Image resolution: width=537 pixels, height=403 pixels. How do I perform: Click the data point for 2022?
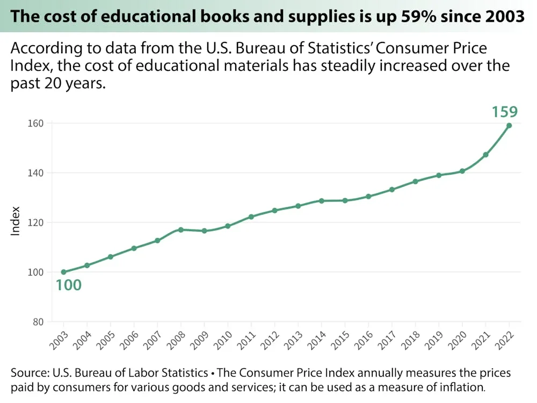[x=509, y=126]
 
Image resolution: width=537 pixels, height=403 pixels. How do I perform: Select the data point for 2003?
[x=64, y=272]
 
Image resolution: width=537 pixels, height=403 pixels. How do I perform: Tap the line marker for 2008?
[x=181, y=229]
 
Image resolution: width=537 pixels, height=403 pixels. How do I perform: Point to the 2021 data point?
[x=485, y=155]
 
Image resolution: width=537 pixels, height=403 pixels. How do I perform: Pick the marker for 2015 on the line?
[x=345, y=200]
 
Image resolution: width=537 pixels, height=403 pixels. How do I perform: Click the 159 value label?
[x=505, y=112]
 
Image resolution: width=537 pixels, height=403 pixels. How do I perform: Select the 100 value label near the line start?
[x=69, y=285]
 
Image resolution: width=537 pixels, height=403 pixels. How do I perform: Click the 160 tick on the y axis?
[x=36, y=123]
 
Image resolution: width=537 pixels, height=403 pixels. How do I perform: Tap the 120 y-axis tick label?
[x=36, y=222]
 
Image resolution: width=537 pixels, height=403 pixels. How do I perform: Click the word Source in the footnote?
[x=28, y=373]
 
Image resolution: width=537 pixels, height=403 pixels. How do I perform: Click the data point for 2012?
[x=274, y=210]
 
